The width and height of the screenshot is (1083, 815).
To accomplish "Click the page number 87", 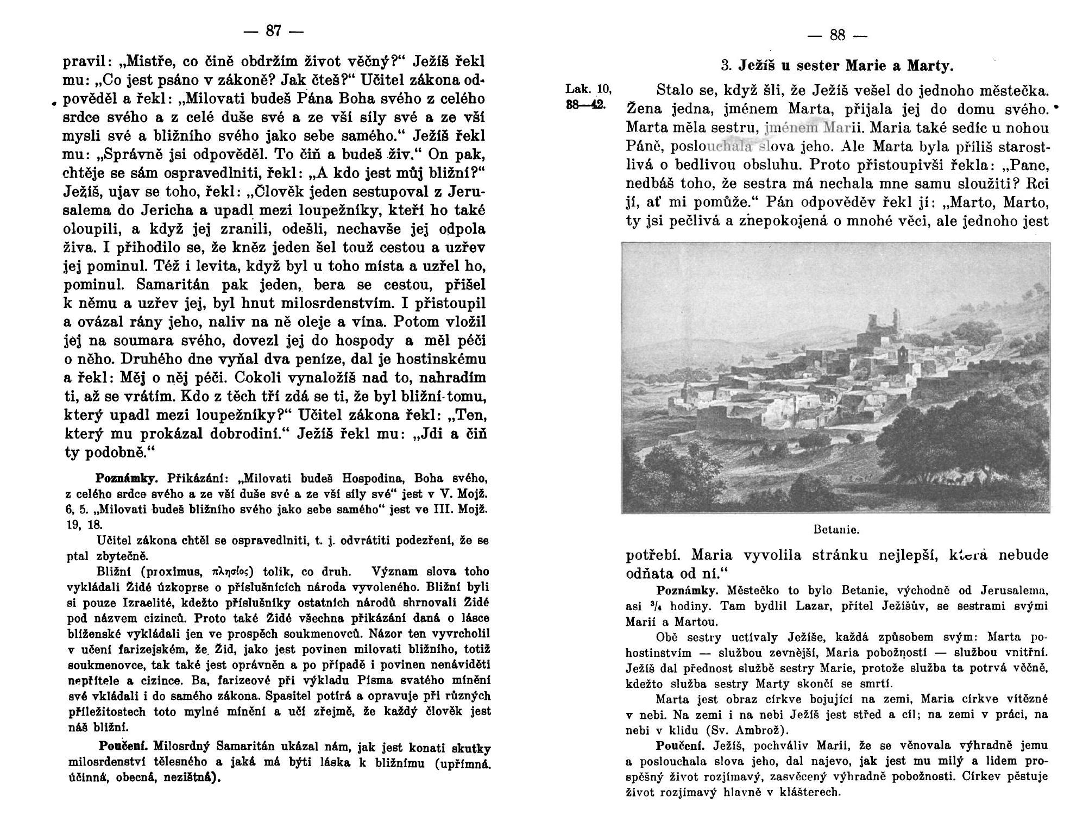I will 273,32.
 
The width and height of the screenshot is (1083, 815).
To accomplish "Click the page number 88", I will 838,36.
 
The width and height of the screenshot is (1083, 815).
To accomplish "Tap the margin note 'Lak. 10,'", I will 588,90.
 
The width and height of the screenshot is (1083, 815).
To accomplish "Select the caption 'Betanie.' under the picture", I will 836,529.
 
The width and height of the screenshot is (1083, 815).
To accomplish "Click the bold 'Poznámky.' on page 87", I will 127,479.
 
